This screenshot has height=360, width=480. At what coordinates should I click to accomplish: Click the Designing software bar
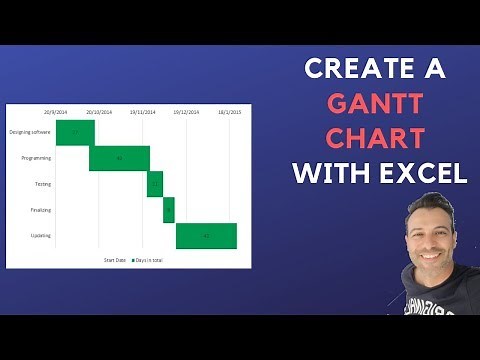pos(75,132)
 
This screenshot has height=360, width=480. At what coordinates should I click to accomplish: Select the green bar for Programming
pos(119,158)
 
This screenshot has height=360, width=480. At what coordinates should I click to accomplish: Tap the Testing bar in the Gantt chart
pos(155,184)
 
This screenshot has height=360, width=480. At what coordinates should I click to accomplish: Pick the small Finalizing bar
pos(169,210)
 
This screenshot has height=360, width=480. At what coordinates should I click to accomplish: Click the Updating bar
pos(206,236)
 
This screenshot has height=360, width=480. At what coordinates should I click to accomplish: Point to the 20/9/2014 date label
pos(56,112)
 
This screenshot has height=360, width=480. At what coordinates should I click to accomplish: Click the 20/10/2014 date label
pos(98,112)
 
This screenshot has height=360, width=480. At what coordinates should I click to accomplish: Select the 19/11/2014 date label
pos(142,112)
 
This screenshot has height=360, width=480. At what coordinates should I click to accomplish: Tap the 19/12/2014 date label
pos(186,112)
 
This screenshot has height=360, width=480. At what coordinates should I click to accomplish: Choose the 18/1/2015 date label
pos(229,112)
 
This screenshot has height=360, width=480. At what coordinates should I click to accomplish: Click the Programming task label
pos(36,158)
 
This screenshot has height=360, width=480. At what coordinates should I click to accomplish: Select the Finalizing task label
pos(40,210)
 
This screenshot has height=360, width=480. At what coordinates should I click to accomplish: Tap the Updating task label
pos(41,236)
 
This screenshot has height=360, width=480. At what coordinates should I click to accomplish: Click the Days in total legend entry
pos(146,260)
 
